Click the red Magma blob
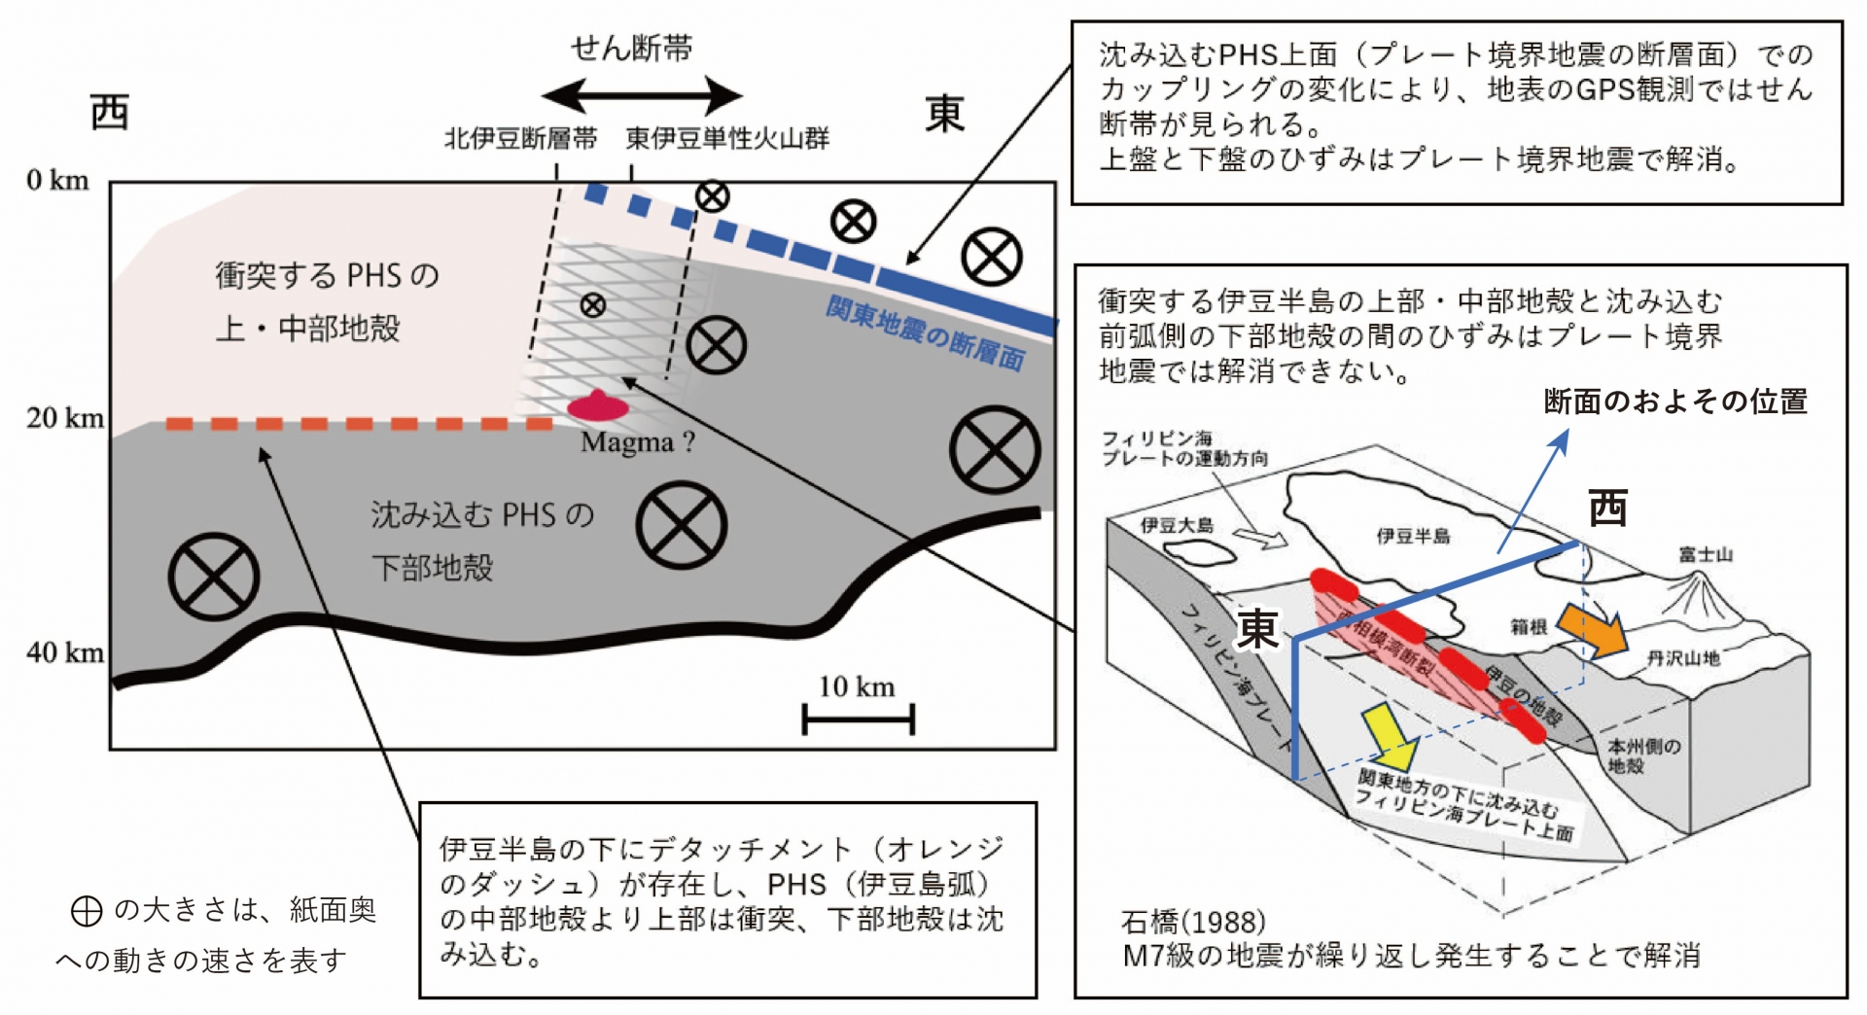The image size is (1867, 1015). pyautogui.click(x=597, y=405)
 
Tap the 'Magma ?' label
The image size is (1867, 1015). pyautogui.click(x=638, y=442)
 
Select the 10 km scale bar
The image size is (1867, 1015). pyautogui.click(x=858, y=719)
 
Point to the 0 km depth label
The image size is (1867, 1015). pyautogui.click(x=57, y=181)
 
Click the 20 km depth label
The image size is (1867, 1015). pyautogui.click(x=64, y=418)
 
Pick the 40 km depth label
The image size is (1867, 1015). pyautogui.click(x=64, y=652)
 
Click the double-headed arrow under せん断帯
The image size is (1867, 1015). pyautogui.click(x=642, y=96)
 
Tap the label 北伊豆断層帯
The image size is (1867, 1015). pyautogui.click(x=520, y=139)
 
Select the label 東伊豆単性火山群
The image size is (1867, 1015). pyautogui.click(x=727, y=139)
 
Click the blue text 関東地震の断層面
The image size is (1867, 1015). pyautogui.click(x=925, y=333)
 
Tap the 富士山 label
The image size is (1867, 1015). pyautogui.click(x=1706, y=555)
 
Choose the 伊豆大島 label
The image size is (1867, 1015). pyautogui.click(x=1177, y=526)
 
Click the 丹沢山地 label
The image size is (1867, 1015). pyautogui.click(x=1683, y=659)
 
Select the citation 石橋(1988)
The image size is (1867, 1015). pyautogui.click(x=1193, y=921)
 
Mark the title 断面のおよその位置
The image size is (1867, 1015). pyautogui.click(x=1675, y=402)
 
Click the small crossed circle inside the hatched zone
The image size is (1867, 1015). pyautogui.click(x=592, y=305)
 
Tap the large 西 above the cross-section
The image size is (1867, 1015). pyautogui.click(x=110, y=113)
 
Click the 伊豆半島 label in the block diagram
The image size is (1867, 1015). pyautogui.click(x=1413, y=536)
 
